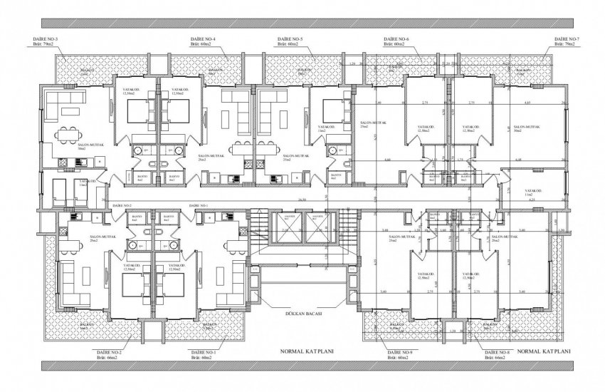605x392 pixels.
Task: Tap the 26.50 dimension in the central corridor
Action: coord(302,200)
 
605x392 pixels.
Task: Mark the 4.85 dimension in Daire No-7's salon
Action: coord(527,104)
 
